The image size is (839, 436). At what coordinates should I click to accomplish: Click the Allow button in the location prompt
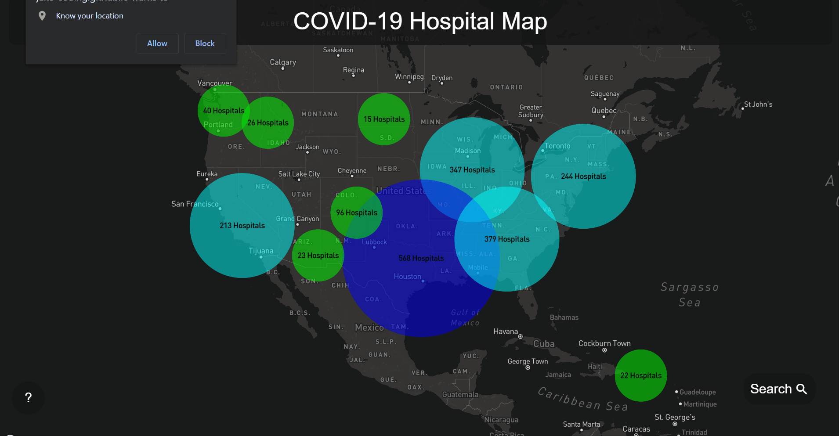point(157,43)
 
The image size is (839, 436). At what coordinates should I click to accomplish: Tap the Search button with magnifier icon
point(778,389)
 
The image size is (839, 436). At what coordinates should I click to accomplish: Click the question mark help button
point(29,398)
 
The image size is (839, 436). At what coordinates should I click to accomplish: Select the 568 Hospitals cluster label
point(421,258)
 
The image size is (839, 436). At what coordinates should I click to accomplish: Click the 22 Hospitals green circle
point(640,375)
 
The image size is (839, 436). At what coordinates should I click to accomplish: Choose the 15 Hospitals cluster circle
point(384,119)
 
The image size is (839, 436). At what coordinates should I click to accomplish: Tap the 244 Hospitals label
point(583,177)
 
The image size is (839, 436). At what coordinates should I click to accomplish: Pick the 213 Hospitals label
point(242,226)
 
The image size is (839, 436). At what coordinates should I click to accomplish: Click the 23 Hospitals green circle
point(318,256)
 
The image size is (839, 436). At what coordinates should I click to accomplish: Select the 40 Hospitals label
point(223,111)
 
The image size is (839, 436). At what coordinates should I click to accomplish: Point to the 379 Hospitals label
point(507,239)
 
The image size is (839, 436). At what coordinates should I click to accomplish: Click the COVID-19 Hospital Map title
point(420,21)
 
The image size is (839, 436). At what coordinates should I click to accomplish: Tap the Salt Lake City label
point(299,174)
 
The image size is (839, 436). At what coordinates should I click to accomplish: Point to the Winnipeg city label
point(409,77)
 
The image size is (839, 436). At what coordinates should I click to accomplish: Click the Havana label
point(506,332)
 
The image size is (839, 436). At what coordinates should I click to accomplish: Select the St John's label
point(758,104)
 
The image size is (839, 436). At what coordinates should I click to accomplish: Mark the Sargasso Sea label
point(689,295)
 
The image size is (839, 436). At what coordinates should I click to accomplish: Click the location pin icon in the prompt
point(42,16)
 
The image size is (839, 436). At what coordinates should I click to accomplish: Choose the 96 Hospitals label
point(357,213)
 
